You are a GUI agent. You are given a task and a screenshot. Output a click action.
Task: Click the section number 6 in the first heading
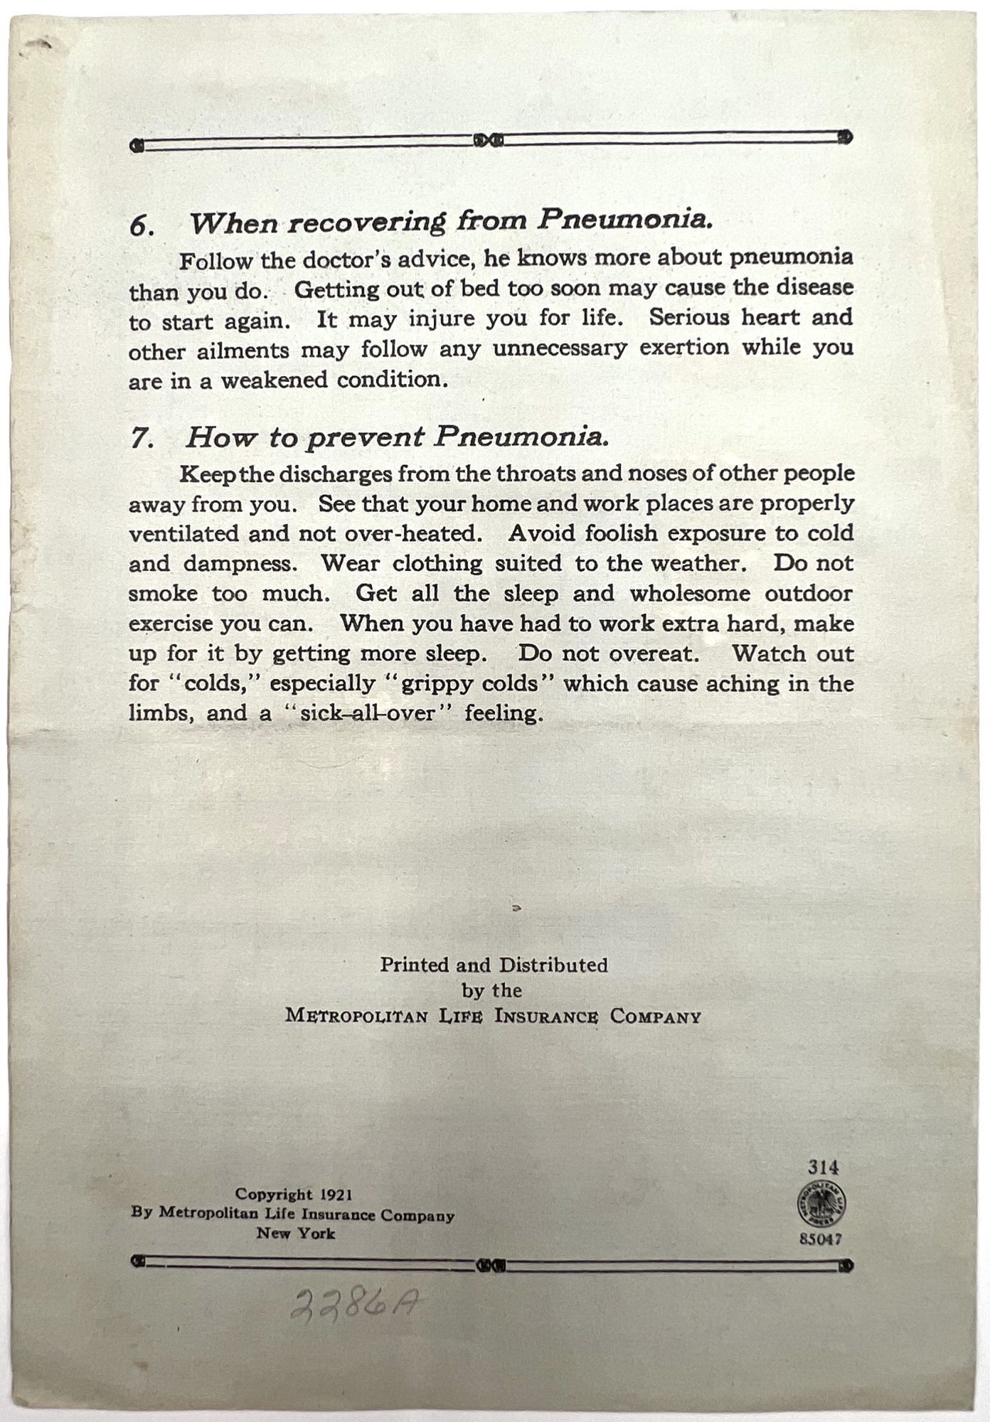(141, 227)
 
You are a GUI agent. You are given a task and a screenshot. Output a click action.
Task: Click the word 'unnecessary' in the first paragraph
(560, 348)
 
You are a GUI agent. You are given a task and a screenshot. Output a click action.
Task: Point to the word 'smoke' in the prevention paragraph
(163, 594)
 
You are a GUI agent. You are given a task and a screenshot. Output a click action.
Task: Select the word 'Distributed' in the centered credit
(553, 965)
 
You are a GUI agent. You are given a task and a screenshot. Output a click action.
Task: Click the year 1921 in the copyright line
(336, 1195)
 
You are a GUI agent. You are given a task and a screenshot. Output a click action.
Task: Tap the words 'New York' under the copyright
(295, 1234)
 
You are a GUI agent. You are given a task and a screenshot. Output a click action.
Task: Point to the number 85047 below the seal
(821, 1239)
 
